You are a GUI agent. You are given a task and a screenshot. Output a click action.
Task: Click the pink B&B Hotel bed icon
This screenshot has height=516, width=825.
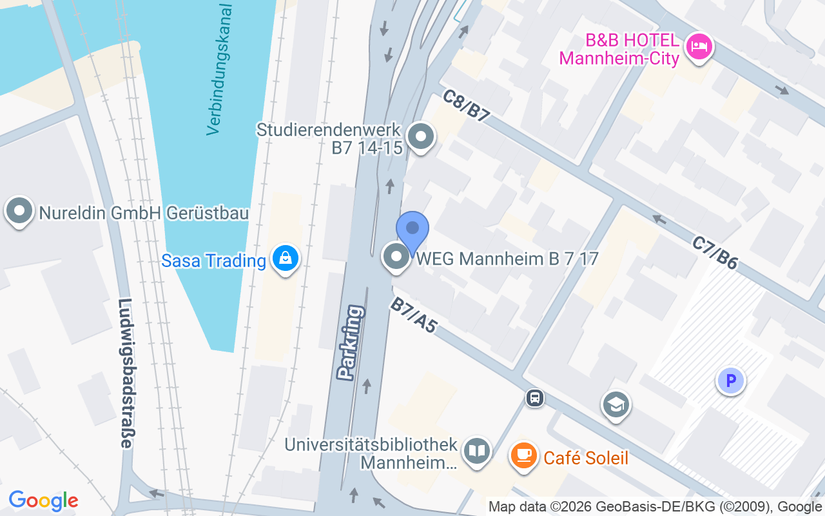point(699,46)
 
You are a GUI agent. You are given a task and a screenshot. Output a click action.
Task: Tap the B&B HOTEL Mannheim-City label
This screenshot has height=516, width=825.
point(619,50)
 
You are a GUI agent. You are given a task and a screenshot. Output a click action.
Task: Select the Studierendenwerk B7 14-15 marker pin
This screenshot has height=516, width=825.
point(422,136)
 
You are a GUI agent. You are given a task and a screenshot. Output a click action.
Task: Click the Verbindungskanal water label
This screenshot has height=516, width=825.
point(220,70)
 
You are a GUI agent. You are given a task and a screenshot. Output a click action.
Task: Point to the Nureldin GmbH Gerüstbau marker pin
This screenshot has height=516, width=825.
point(19,211)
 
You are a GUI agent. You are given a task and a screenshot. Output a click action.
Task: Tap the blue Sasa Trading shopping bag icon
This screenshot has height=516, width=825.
point(284,259)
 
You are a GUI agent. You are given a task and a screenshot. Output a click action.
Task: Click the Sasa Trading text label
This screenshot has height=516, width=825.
point(213,261)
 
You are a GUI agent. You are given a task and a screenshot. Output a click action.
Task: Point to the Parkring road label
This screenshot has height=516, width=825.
point(351,341)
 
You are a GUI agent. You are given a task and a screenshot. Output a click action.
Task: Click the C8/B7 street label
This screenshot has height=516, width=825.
point(467,106)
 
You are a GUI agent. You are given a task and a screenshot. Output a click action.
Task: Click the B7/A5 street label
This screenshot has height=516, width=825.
point(414,315)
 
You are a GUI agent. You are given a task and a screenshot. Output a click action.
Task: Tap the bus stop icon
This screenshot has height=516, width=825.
point(535,398)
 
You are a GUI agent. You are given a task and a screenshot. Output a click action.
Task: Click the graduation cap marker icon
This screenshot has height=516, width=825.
point(616,404)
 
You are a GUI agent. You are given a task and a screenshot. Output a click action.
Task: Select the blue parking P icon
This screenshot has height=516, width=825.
point(731,381)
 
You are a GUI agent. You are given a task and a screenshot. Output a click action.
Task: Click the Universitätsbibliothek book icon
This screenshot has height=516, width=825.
point(477,451)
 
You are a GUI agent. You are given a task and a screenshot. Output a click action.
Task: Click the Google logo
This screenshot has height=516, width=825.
point(44,501)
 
